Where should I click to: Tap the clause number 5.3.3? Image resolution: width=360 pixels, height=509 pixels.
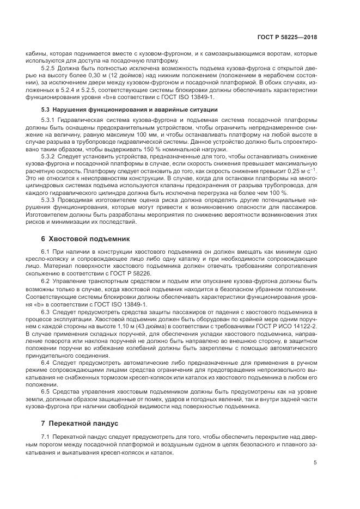(x=49, y=200)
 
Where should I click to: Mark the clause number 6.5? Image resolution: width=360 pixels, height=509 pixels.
(x=45, y=391)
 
